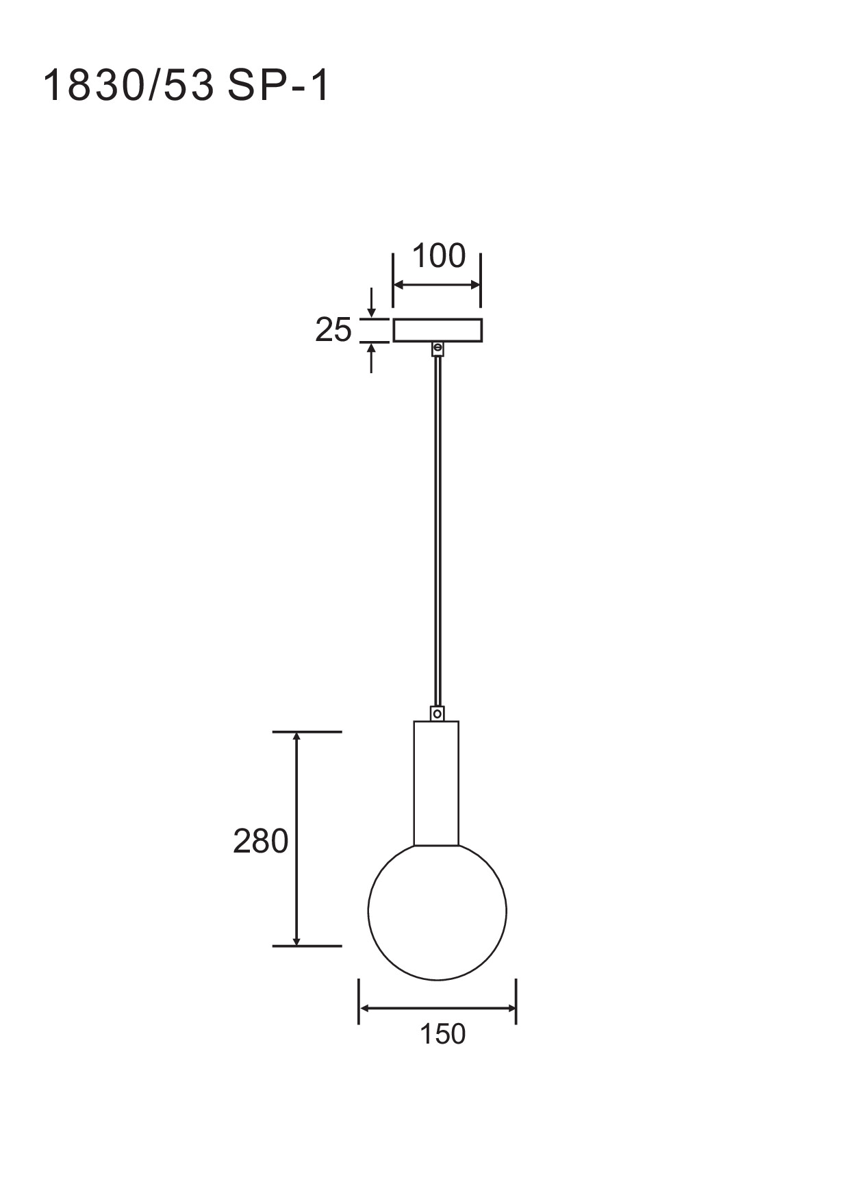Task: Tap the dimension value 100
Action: coord(439,256)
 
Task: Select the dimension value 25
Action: coord(333,330)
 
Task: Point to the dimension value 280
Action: coord(260,841)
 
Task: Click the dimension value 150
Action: coord(442,1034)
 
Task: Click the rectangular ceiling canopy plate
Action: coord(438,330)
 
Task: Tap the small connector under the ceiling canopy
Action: coord(438,349)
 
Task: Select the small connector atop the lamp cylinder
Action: coord(437,714)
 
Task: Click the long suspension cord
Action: coord(438,531)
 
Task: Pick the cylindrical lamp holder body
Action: coord(436,783)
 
